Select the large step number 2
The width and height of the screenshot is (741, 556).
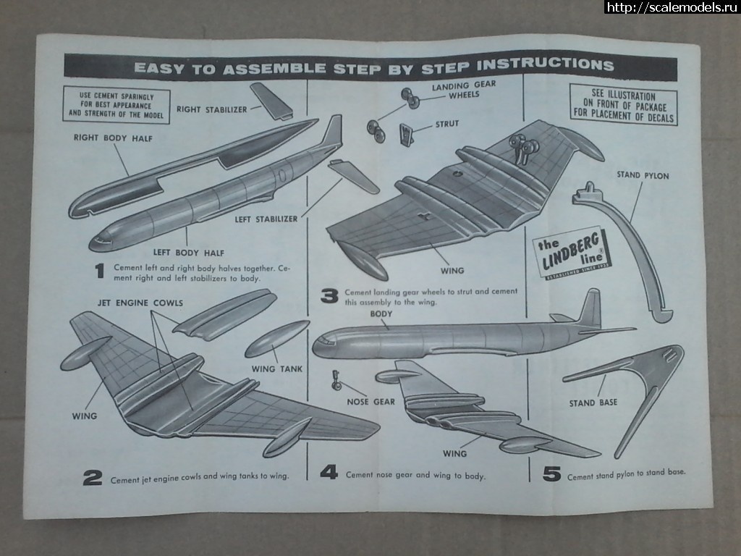(92, 478)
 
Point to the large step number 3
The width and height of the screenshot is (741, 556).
(329, 295)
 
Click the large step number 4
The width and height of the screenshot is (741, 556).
(329, 473)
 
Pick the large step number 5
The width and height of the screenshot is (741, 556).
(551, 474)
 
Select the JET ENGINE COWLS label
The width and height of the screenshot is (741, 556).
(140, 303)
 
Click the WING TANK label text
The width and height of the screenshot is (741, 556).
(277, 369)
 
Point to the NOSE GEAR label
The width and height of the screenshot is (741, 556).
(370, 402)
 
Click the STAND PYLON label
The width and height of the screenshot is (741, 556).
(643, 175)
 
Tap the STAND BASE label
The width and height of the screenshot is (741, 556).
(593, 403)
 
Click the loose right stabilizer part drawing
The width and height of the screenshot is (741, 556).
(271, 101)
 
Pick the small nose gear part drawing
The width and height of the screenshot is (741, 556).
(336, 380)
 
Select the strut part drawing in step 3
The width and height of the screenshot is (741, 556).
(407, 135)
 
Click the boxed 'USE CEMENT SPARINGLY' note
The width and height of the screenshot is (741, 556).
(117, 106)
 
